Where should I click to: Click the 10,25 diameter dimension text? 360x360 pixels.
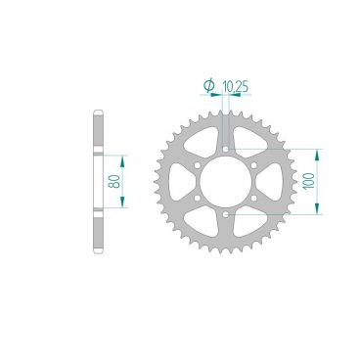coord(236,87)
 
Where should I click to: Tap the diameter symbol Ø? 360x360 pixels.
coord(208,85)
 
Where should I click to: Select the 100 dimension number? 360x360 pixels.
coord(309,181)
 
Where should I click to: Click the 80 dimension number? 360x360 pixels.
coord(114,181)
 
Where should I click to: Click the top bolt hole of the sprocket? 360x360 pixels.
coord(226,149)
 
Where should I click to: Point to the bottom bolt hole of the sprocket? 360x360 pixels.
coord(226,214)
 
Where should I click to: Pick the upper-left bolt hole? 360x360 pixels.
coord(197,165)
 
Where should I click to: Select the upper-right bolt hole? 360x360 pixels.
coord(254,165)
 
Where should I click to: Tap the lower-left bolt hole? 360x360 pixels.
coord(197,198)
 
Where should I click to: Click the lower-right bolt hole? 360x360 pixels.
coord(254,198)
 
